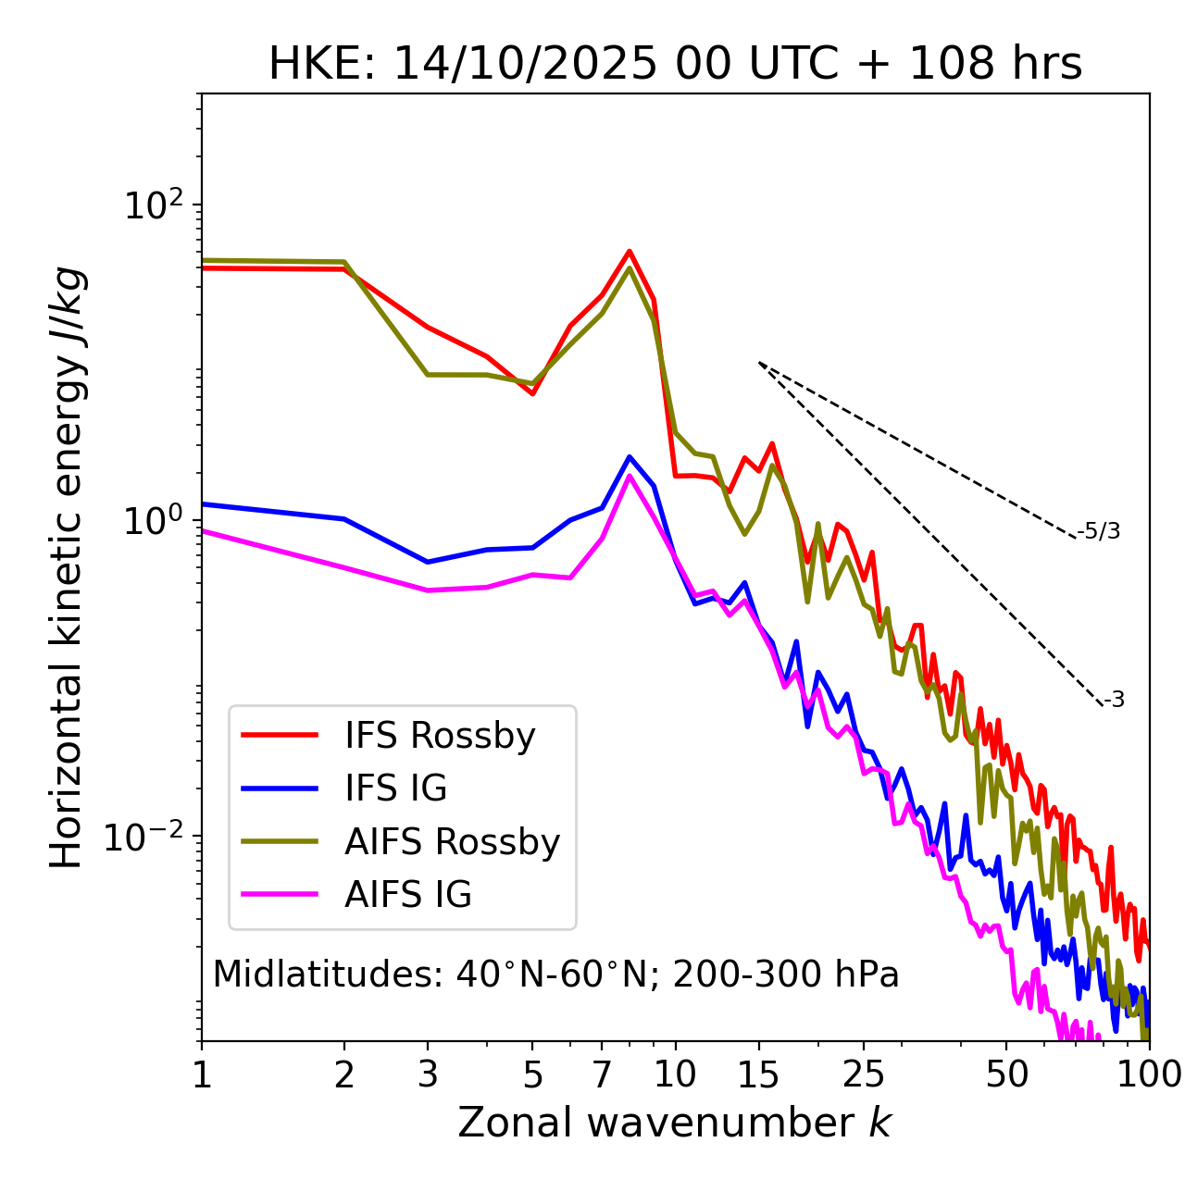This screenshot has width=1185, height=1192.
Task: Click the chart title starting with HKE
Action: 675,65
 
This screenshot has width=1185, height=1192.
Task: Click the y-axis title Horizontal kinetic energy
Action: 68,566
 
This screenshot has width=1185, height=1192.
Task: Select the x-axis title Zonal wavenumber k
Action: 675,1123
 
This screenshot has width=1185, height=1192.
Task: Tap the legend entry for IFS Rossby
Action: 440,736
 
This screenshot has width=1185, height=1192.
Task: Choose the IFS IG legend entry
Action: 395,788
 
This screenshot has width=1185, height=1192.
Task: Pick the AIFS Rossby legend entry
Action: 452,842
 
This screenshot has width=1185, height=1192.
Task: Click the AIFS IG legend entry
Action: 407,895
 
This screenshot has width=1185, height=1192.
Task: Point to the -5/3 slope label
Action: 1099,532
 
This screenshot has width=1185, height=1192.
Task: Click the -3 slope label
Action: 1114,701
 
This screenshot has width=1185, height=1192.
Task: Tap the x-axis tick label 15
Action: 759,1074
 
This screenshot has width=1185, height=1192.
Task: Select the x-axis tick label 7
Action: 603,1074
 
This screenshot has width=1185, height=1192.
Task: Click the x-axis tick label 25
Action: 864,1074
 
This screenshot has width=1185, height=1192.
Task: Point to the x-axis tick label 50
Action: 1007,1074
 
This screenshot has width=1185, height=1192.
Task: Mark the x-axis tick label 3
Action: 428,1074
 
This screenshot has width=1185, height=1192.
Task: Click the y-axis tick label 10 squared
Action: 153,205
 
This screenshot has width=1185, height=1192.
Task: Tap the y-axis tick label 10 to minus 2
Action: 148,836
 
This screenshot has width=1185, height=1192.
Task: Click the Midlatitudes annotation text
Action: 555,975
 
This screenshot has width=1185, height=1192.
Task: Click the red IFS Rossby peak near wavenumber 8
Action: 630,251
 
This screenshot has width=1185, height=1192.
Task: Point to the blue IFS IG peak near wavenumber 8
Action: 630,456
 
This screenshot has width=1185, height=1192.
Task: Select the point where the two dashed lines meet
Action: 759,363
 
